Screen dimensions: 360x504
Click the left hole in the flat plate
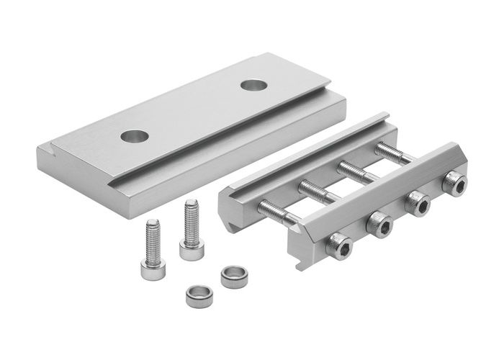132,135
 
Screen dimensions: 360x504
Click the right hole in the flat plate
253,85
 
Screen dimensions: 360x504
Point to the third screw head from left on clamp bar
418,204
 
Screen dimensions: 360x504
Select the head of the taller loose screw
190,249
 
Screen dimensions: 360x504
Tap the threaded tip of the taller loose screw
191,210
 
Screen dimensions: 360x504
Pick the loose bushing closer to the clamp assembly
233,276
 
